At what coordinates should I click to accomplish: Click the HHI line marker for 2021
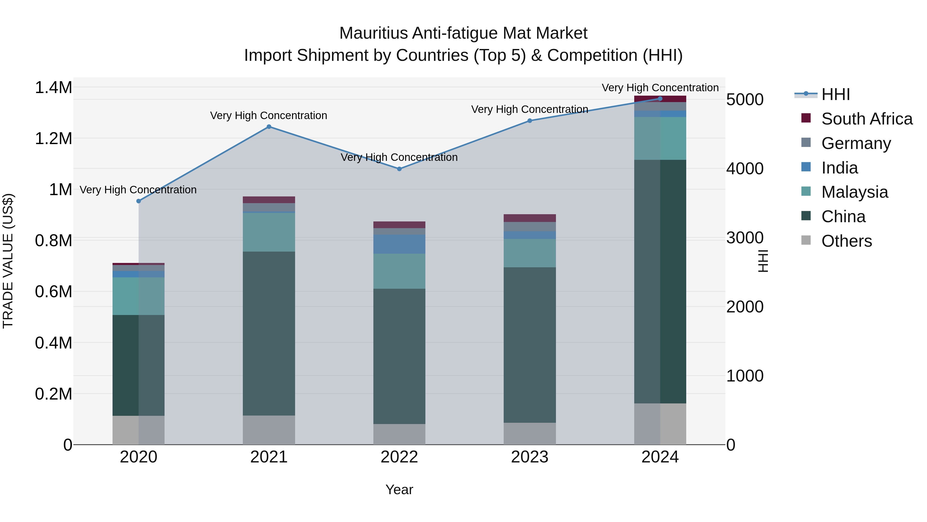[x=269, y=127]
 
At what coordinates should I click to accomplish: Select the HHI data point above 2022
[x=399, y=169]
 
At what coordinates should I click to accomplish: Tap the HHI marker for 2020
[x=139, y=201]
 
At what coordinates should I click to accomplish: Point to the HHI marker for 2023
[x=529, y=121]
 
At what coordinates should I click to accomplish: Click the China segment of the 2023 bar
[x=529, y=345]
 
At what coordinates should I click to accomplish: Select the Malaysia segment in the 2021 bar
[x=269, y=232]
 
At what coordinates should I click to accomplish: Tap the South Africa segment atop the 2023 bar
[x=529, y=218]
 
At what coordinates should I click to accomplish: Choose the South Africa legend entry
[x=866, y=119]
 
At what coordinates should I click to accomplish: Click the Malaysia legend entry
[x=854, y=192]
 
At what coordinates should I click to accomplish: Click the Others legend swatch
[x=806, y=240]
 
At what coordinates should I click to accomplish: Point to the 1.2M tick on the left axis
[x=53, y=139]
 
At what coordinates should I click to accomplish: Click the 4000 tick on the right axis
[x=744, y=169]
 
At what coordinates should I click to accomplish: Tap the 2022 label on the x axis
[x=399, y=457]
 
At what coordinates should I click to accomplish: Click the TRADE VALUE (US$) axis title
[x=8, y=261]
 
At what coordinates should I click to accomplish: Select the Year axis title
[x=399, y=490]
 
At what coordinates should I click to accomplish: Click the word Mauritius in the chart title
[x=373, y=34]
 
